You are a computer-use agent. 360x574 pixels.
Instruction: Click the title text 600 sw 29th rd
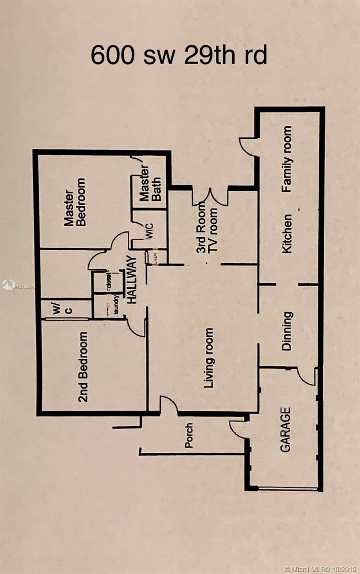pyautogui.click(x=179, y=55)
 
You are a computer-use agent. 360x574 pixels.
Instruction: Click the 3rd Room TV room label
pyautogui.click(x=208, y=229)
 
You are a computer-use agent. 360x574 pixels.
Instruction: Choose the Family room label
pyautogui.click(x=287, y=159)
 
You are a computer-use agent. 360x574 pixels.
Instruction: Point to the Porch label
pyautogui.click(x=190, y=435)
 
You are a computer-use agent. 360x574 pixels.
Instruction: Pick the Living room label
pyautogui.click(x=209, y=352)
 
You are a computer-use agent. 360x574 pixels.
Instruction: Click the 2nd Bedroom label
pyautogui.click(x=83, y=366)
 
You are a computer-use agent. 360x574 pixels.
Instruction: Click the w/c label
pyautogui.click(x=63, y=309)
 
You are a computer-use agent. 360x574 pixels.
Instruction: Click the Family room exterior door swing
pyautogui.click(x=249, y=146)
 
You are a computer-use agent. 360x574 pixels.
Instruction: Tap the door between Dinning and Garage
pyautogui.click(x=306, y=375)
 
